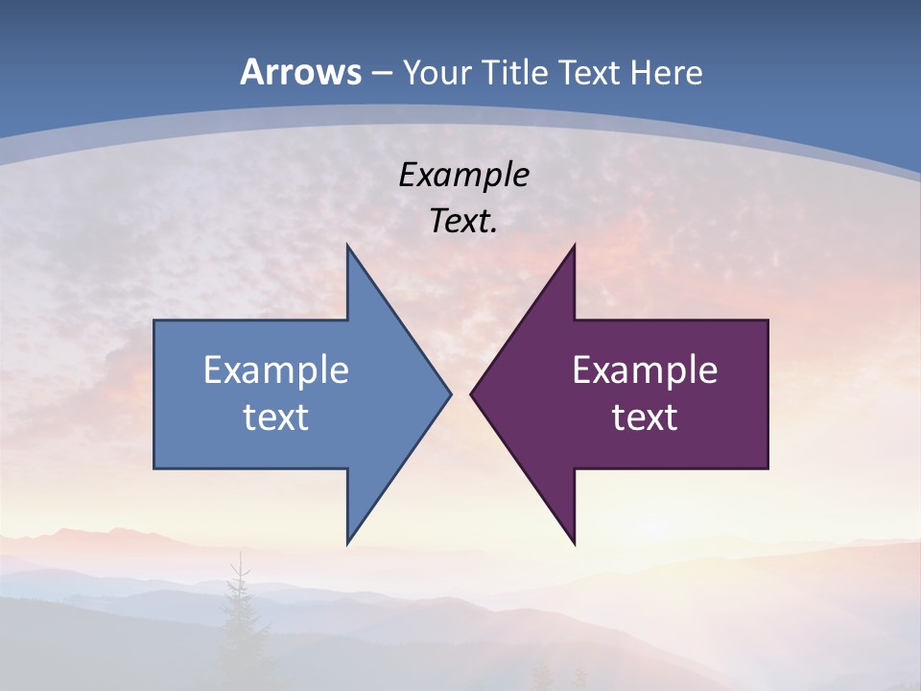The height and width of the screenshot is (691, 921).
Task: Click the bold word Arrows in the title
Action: [x=300, y=72]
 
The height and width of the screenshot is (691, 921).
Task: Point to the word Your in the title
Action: [x=437, y=72]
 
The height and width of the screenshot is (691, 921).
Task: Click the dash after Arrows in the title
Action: [x=381, y=73]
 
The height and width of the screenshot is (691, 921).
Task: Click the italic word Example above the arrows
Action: [x=464, y=176]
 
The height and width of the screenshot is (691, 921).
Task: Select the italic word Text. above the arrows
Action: [x=464, y=221]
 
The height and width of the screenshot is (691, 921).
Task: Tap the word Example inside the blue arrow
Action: [x=276, y=369]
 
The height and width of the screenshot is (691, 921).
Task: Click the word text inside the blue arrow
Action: [x=276, y=417]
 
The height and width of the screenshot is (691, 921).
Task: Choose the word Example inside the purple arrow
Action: [x=645, y=369]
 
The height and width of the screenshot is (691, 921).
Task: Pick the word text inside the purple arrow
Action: [x=645, y=417]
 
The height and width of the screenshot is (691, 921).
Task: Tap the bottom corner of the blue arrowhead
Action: [x=348, y=541]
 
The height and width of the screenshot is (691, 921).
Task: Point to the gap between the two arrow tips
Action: [x=460, y=393]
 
